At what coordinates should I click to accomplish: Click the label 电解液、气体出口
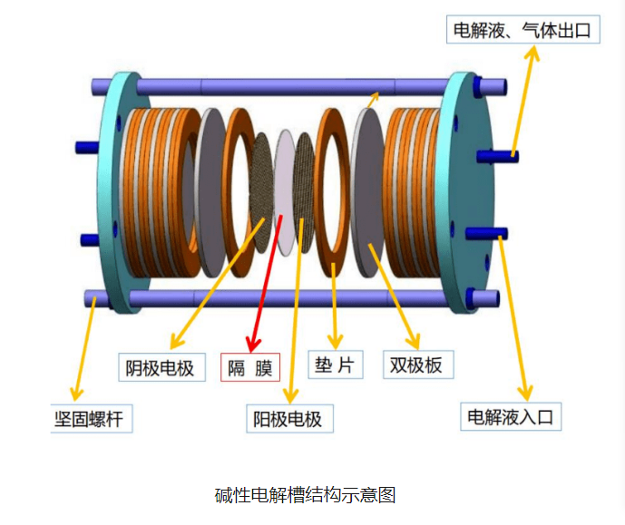click(522, 30)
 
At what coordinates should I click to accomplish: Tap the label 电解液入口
click(510, 417)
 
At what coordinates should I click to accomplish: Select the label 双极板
click(416, 365)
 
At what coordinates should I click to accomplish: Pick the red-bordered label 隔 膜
click(250, 367)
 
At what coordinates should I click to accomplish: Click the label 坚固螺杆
click(91, 420)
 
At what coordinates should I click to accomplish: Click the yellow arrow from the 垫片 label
click(335, 303)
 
